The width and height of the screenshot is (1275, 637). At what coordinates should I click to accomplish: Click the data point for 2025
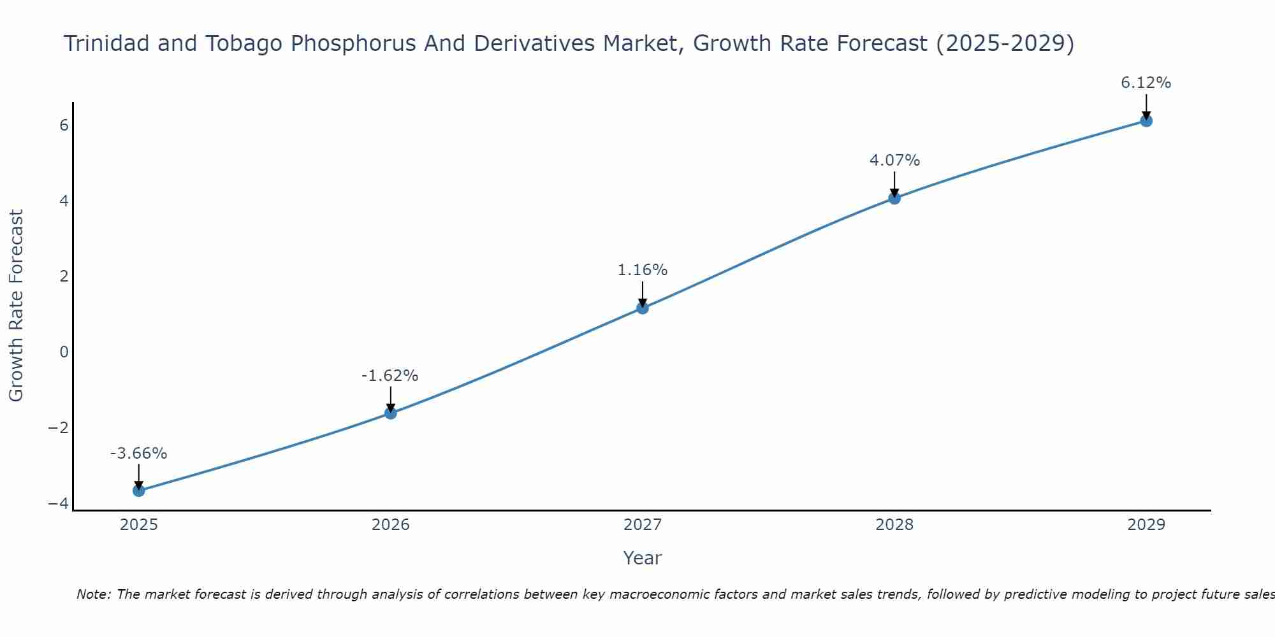coord(139,490)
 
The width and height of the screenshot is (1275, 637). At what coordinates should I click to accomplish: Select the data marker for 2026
coord(391,413)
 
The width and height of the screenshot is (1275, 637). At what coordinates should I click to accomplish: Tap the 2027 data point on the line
coord(643,308)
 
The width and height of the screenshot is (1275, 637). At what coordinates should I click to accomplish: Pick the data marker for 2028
coord(894,198)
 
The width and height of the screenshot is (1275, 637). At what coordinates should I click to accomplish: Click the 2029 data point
coord(1146,120)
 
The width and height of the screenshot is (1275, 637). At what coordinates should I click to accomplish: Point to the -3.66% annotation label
coord(139,454)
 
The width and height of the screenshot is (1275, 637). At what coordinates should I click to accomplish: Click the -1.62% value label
coord(390,376)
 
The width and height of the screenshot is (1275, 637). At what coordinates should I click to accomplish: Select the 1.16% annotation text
coord(643,270)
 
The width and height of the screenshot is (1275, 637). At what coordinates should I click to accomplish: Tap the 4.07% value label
coord(894,161)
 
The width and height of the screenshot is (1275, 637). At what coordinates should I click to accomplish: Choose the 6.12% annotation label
coord(1146,83)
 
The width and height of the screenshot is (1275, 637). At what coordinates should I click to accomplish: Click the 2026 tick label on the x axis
coord(391,525)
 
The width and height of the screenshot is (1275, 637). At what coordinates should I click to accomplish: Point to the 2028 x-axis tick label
coord(894,525)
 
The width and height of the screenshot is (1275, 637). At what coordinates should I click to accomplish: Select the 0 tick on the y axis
coord(64,352)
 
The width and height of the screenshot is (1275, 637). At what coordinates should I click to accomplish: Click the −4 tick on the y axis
coord(59,504)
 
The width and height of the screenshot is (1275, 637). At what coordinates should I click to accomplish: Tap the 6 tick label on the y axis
coord(64,125)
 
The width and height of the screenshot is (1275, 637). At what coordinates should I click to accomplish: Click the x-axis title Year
coord(643,558)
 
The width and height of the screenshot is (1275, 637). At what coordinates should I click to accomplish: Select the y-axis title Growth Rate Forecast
coord(17,306)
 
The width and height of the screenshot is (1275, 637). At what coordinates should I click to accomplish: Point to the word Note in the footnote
coord(93,594)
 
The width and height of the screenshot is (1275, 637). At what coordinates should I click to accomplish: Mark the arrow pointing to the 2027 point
coord(643,294)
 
